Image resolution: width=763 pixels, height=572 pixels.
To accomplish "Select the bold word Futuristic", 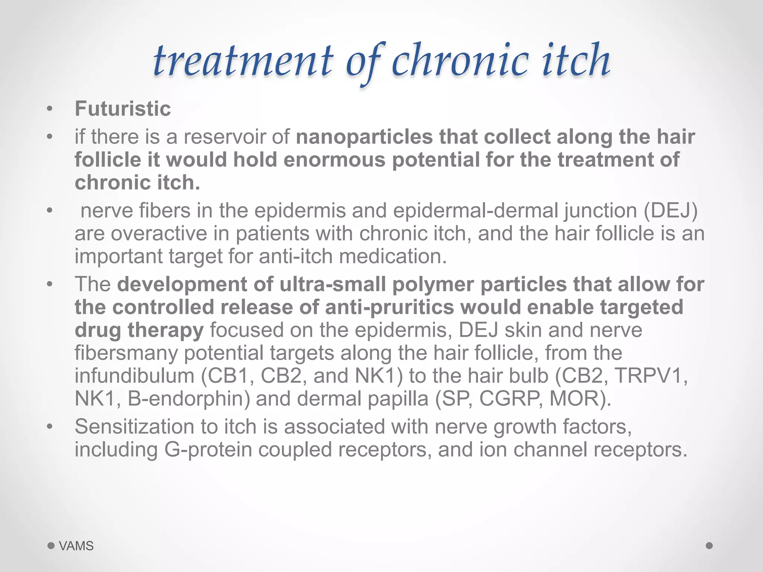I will tap(123, 109).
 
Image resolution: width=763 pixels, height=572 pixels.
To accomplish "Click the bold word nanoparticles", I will tap(364, 137).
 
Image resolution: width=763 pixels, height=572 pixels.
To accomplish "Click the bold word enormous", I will tap(335, 160).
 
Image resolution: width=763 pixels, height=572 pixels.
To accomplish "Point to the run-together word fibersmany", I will tap(126, 353).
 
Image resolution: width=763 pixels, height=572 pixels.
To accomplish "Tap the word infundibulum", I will tap(134, 376).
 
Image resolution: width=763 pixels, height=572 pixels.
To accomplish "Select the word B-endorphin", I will tap(189, 399).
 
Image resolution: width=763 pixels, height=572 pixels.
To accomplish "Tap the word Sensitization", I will tap(134, 427).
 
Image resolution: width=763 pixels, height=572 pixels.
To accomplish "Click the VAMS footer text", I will tap(76, 546).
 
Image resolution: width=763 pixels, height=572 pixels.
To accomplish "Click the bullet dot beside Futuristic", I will tap(50, 109).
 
